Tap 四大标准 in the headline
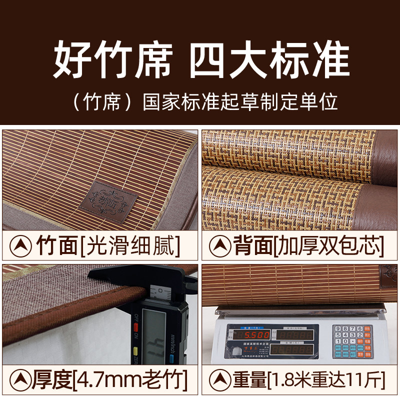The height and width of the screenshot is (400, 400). tap(269, 61)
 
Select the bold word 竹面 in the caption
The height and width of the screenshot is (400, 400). tap(56, 245)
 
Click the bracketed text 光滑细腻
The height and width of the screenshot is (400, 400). tap(129, 245)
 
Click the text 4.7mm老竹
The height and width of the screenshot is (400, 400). tap(130, 379)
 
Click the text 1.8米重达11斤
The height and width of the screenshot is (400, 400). tap(325, 379)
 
